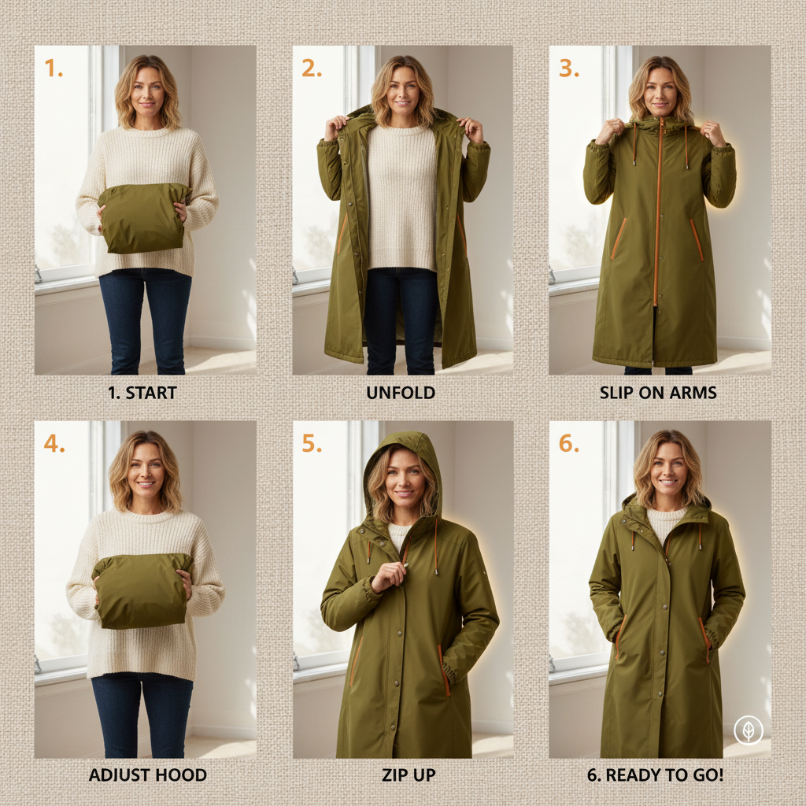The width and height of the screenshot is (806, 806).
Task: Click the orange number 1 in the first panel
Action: [x=53, y=68]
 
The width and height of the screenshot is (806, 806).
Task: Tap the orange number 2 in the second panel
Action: [x=311, y=68]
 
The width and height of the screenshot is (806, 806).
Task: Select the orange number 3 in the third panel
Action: [x=568, y=68]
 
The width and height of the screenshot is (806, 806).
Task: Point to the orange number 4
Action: [x=54, y=443]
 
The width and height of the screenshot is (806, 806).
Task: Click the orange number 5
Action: [x=312, y=443]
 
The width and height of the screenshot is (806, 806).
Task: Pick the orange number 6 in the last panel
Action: [x=568, y=443]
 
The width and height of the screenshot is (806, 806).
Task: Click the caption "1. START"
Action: [x=142, y=392]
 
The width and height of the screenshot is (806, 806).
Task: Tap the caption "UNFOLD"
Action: [x=401, y=392]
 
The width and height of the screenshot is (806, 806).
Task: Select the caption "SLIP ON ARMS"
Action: [x=660, y=392]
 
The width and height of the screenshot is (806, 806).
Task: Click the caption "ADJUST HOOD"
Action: [x=147, y=775]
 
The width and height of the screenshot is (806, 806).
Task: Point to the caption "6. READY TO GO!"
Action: [x=655, y=775]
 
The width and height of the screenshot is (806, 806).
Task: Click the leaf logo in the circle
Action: [x=748, y=730]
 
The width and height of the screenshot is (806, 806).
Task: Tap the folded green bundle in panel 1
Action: [x=143, y=218]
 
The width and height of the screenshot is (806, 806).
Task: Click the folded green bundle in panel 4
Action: [x=142, y=590]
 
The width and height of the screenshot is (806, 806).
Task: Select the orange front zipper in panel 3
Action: [x=659, y=213]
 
